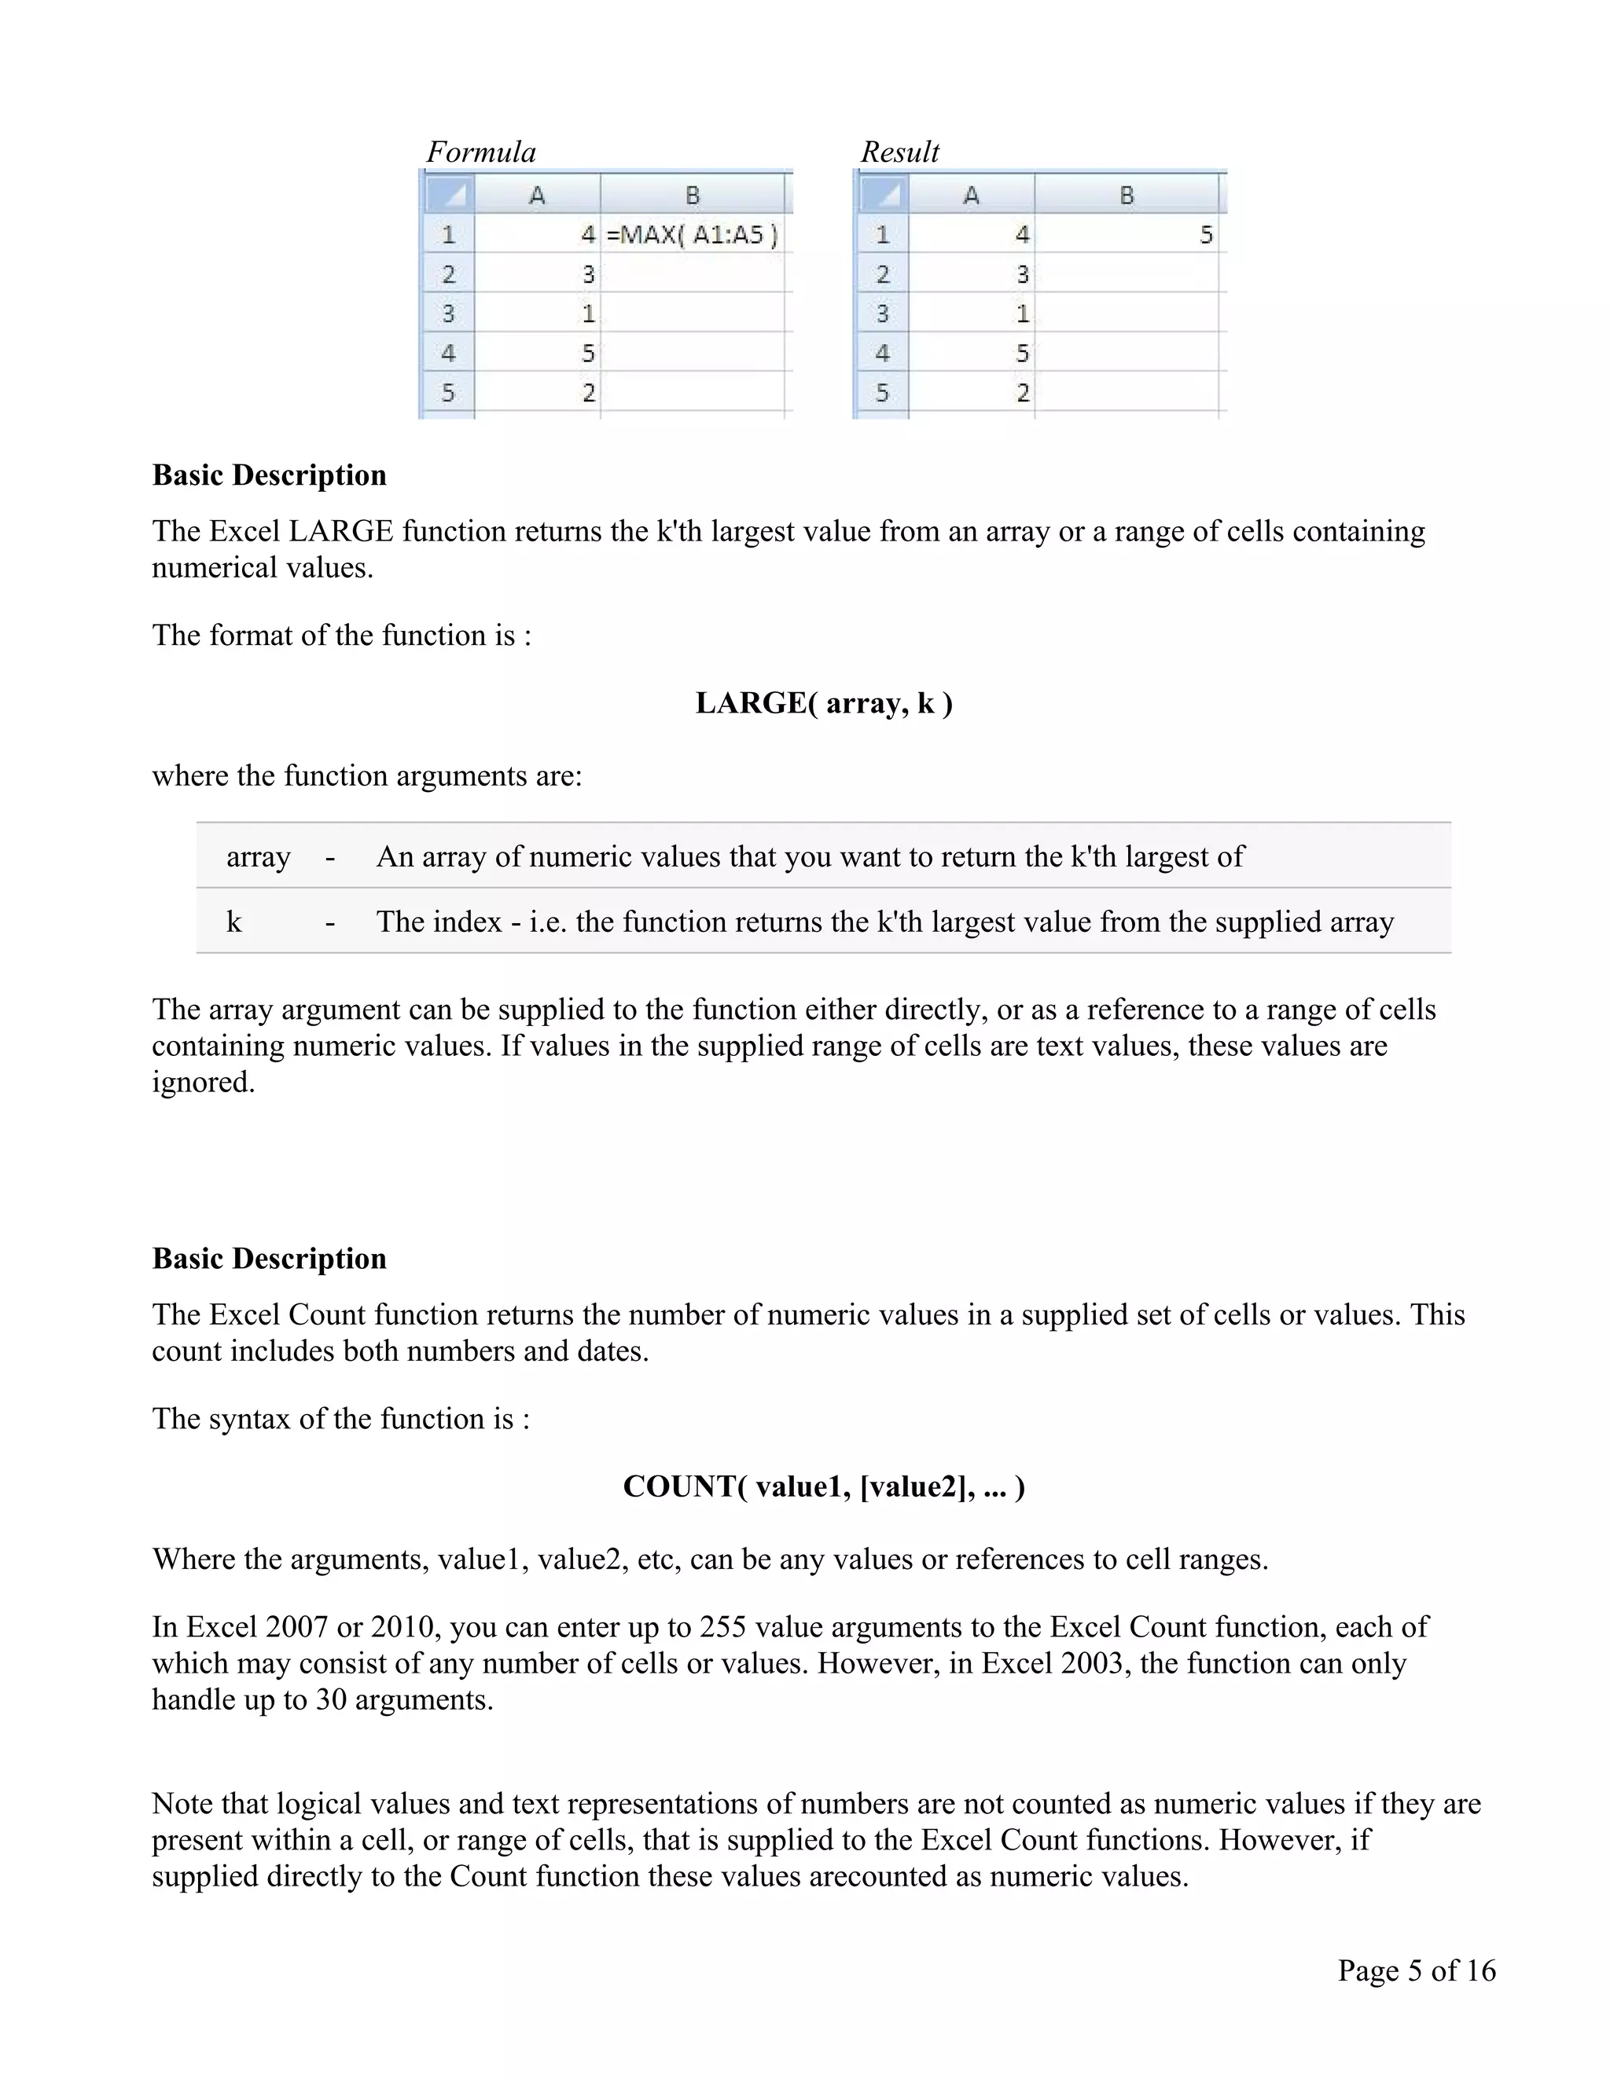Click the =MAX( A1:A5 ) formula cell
(693, 234)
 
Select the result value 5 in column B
(1206, 234)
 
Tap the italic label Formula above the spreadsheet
(480, 152)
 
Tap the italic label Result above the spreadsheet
(899, 152)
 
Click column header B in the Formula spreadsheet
(693, 196)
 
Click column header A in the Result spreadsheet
(971, 196)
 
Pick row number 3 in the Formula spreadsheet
(447, 313)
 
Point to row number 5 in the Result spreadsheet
(881, 392)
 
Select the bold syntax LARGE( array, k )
(823, 703)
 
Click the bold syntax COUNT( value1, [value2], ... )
(823, 1487)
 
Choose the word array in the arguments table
(258, 857)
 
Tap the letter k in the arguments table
(233, 922)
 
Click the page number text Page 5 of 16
(1417, 1970)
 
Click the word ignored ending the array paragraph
(202, 1083)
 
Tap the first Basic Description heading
(269, 475)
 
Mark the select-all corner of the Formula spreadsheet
(448, 196)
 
